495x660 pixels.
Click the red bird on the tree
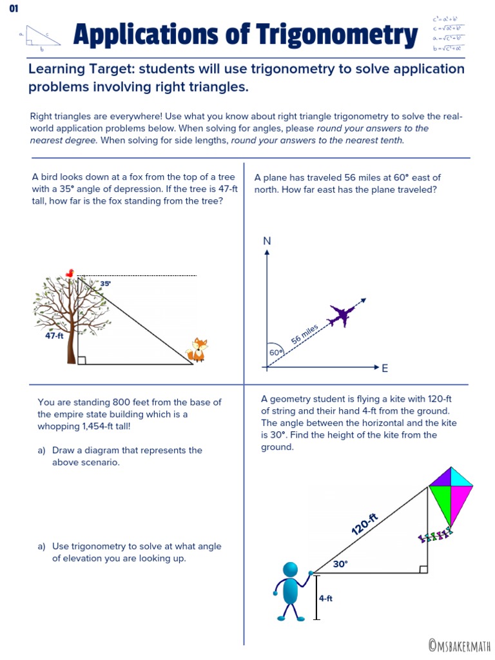click(79, 273)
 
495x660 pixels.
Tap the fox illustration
click(197, 351)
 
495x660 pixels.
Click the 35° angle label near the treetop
click(105, 283)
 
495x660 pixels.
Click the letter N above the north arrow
click(267, 240)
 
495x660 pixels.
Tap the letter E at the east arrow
click(385, 369)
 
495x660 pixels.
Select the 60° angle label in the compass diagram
click(276, 353)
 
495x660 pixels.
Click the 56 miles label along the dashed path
click(305, 335)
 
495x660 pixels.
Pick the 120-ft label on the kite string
click(364, 523)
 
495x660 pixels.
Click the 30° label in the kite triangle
click(340, 564)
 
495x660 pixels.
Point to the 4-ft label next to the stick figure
click(325, 598)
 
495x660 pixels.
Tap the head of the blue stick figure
click(291, 569)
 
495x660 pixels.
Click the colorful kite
click(451, 496)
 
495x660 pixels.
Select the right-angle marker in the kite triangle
click(423, 569)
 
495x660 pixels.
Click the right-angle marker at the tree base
click(81, 360)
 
